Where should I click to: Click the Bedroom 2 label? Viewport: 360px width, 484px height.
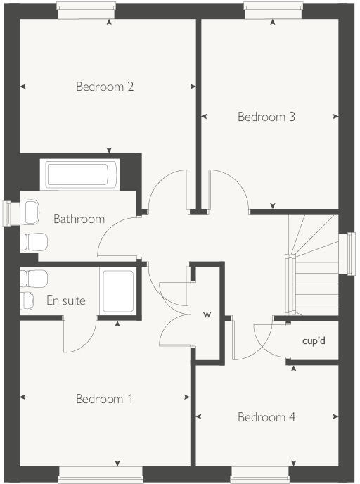tap(105, 87)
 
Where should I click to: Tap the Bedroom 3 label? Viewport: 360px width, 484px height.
tap(266, 117)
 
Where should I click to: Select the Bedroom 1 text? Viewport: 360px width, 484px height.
tap(104, 399)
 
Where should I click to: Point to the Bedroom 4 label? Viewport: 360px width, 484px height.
tap(266, 417)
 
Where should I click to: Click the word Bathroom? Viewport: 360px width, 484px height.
tap(79, 219)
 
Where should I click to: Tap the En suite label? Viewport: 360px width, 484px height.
tap(66, 301)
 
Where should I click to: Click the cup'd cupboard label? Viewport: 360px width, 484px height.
tap(314, 342)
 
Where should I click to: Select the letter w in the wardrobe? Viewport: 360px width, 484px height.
tap(207, 314)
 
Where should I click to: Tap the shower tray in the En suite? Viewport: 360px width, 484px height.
tap(118, 291)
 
